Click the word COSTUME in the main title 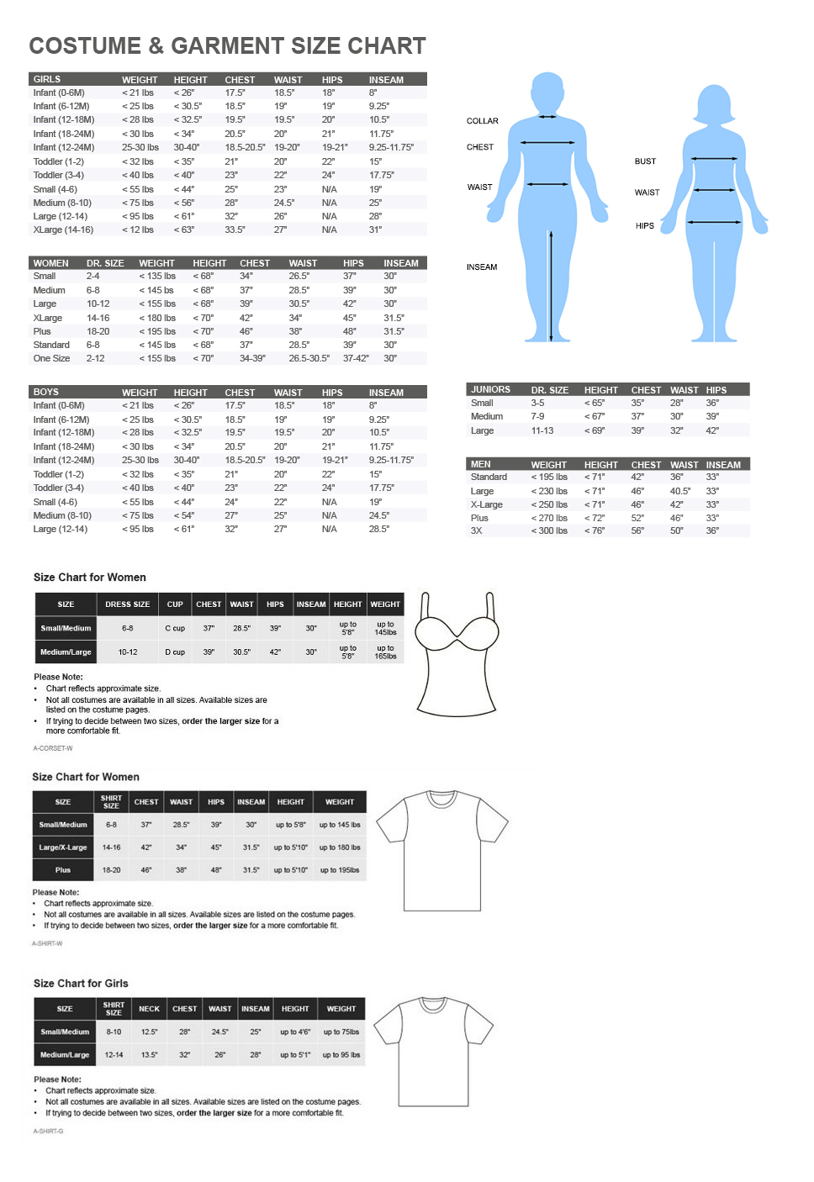(x=85, y=45)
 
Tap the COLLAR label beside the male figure (x=482, y=121)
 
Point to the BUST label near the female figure (x=645, y=161)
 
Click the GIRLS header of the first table (x=47, y=79)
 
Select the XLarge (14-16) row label (x=63, y=230)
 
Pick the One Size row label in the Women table (x=51, y=358)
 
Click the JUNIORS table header (x=490, y=389)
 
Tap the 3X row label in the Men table (x=477, y=530)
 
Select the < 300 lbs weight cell (x=549, y=530)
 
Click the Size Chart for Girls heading (x=81, y=984)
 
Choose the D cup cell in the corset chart (x=175, y=652)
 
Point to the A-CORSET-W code (x=52, y=748)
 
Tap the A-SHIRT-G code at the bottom (x=48, y=1131)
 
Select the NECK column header (x=149, y=1009)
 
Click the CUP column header (x=175, y=604)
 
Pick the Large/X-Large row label (x=63, y=847)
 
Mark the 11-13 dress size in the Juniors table (x=542, y=430)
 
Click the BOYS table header (x=46, y=392)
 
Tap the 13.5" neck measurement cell (x=149, y=1054)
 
